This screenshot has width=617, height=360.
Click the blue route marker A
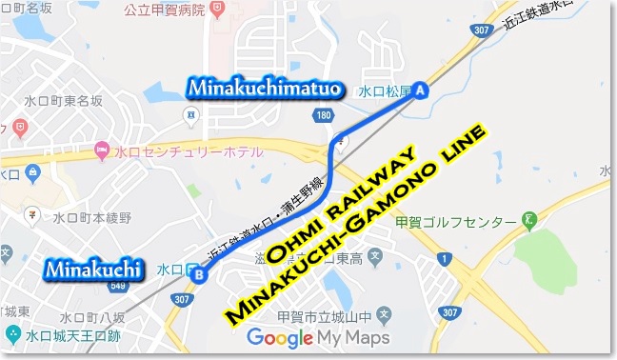pyautogui.click(x=421, y=91)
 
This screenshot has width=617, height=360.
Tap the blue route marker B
pyautogui.click(x=199, y=276)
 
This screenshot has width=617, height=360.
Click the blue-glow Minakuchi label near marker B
pyautogui.click(x=93, y=268)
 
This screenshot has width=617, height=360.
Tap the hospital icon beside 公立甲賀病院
pyautogui.click(x=219, y=10)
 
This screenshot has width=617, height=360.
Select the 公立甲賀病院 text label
pyautogui.click(x=167, y=10)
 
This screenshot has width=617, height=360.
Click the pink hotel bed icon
pyautogui.click(x=102, y=150)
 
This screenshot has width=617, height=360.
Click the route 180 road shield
pyautogui.click(x=326, y=115)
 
